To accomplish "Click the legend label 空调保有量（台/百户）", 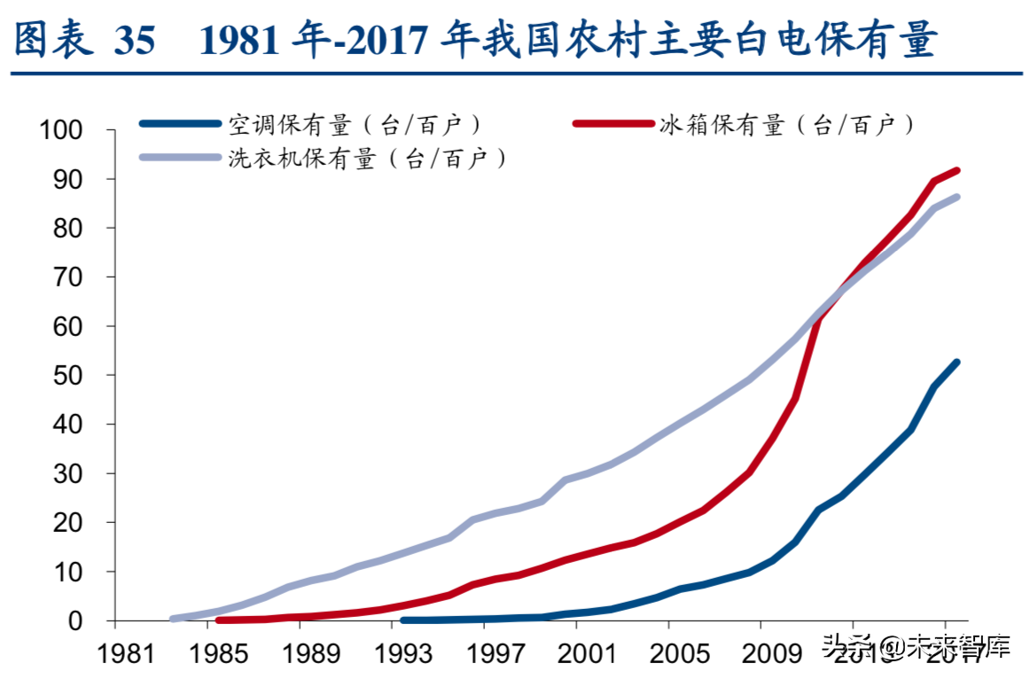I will point(355,124).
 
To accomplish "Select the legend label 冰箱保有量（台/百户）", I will point(787,124).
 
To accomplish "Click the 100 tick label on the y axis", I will point(63,130).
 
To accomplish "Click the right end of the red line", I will point(956,170).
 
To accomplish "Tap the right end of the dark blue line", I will point(956,363).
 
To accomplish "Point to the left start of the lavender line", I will point(172,619).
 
